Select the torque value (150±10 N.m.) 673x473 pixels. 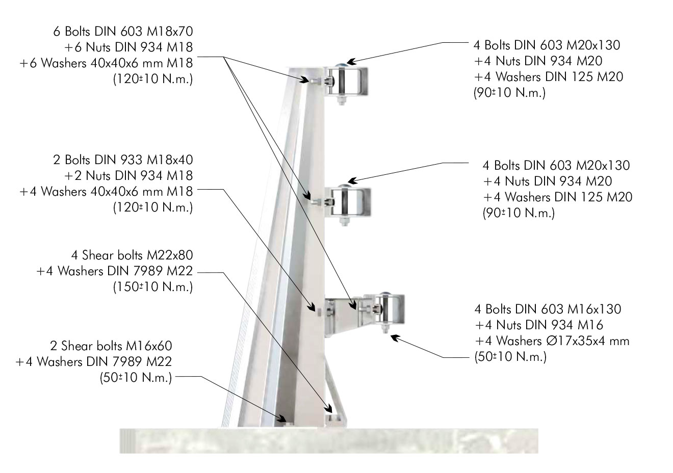[x=153, y=287]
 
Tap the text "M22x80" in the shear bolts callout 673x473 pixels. [x=170, y=255]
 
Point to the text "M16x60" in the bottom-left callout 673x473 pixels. [x=149, y=346]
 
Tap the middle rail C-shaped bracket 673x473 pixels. [x=351, y=202]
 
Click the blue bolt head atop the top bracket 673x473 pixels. [x=341, y=65]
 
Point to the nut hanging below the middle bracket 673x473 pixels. [x=344, y=221]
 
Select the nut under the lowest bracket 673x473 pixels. [x=385, y=329]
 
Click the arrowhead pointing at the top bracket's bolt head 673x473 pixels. [x=351, y=62]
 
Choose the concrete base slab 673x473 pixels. [x=329, y=440]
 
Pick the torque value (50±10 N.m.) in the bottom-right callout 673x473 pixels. [x=510, y=357]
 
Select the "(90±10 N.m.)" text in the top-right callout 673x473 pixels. [x=509, y=93]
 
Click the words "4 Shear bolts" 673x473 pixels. [x=107, y=255]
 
